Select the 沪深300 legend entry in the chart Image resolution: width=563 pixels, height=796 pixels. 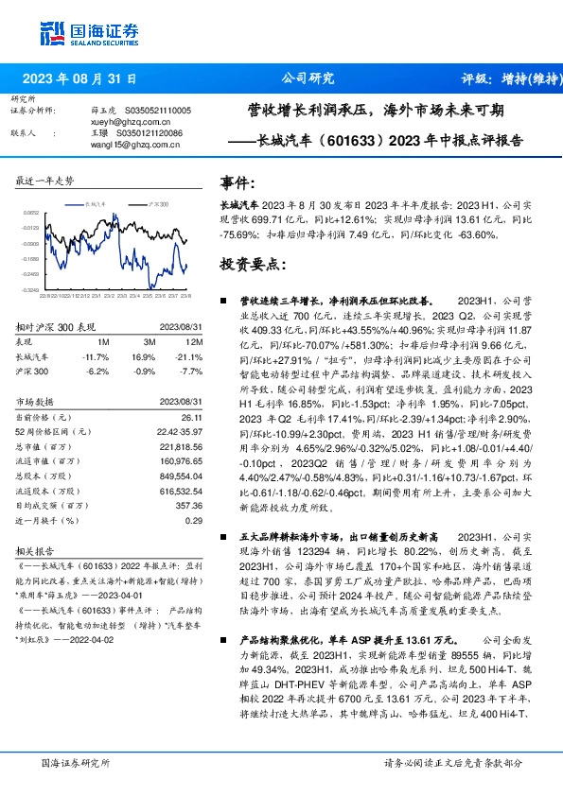[158, 202]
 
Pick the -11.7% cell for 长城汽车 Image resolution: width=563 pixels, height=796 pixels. [97, 357]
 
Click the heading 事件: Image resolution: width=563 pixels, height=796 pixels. [238, 181]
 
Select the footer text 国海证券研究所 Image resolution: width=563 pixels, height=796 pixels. [76, 762]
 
